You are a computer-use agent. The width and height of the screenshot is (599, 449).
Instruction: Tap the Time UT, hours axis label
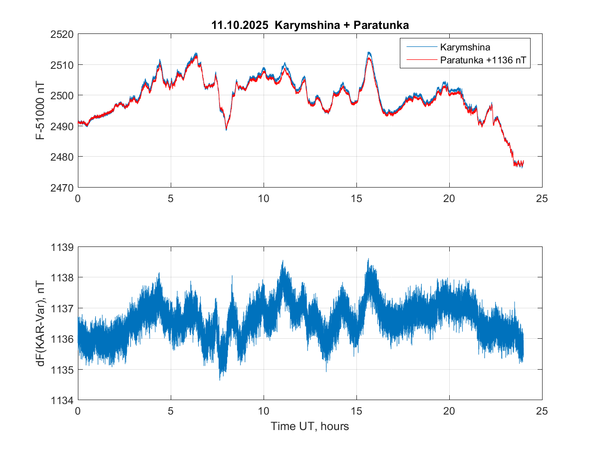coord(309,427)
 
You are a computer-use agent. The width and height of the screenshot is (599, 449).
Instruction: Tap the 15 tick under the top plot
coord(356,199)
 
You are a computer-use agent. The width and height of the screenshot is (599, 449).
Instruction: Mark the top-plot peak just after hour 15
coord(369,52)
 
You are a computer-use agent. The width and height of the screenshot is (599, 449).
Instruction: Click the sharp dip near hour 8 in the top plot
coord(226,130)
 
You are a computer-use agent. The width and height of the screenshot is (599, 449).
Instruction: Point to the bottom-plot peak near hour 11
coord(283,261)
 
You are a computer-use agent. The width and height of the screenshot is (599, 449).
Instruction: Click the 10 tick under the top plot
coord(264,199)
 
